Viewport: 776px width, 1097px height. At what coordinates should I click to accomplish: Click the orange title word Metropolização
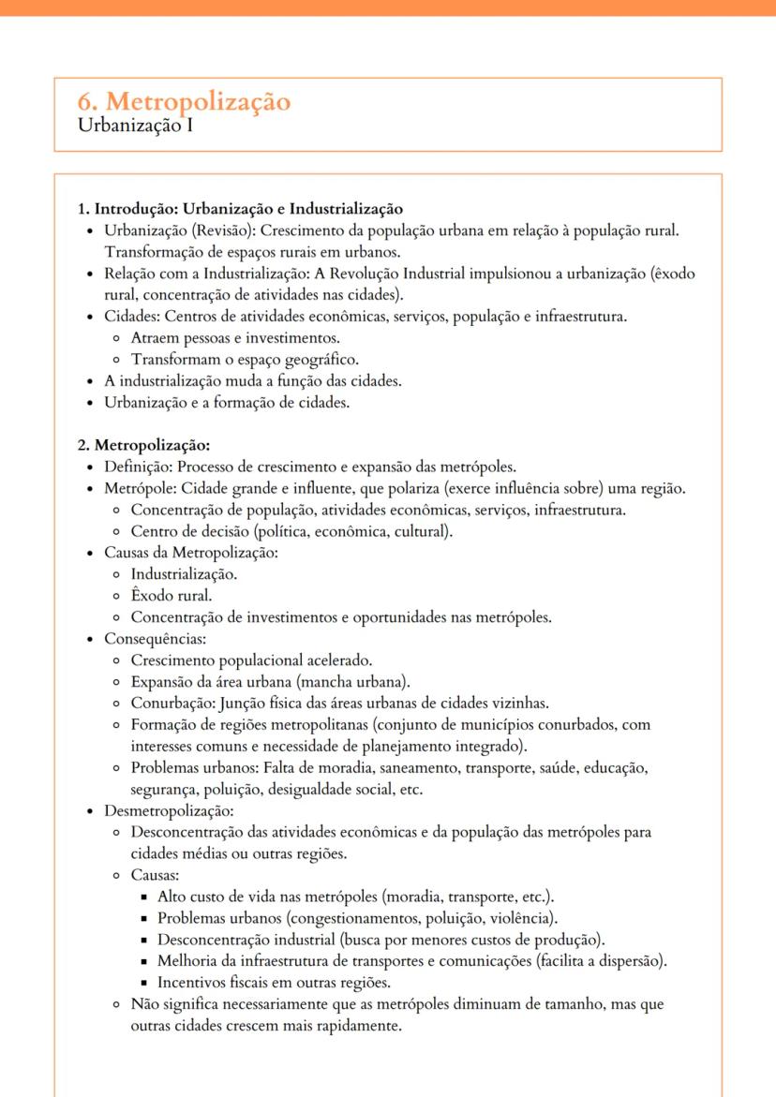[x=195, y=101]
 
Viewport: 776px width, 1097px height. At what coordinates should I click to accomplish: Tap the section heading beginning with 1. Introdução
[x=240, y=208]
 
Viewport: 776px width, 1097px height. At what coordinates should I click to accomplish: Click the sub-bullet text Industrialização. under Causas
[x=184, y=574]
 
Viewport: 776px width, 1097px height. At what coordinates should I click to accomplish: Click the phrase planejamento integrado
[x=440, y=746]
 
